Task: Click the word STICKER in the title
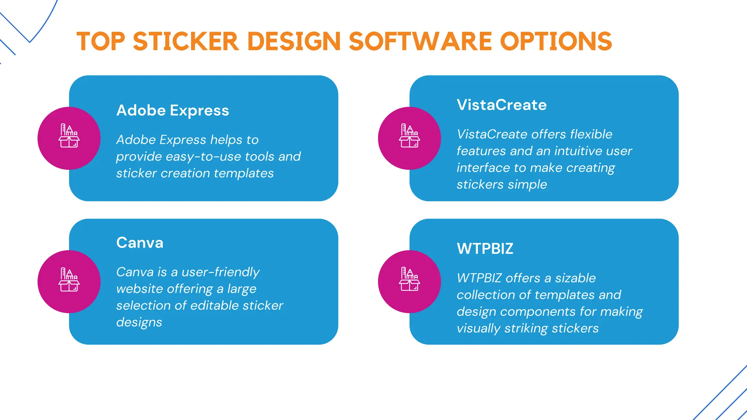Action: pos(186,41)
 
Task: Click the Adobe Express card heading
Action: pos(173,110)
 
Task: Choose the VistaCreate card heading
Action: pos(502,105)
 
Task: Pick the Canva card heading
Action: pos(140,243)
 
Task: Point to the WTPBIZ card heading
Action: pos(485,249)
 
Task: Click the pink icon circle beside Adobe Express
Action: pos(69,138)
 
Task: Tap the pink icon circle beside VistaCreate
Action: pos(409,138)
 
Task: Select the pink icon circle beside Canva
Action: pos(69,281)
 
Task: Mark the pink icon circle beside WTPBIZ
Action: pos(409,281)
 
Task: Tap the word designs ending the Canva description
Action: pos(139,323)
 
